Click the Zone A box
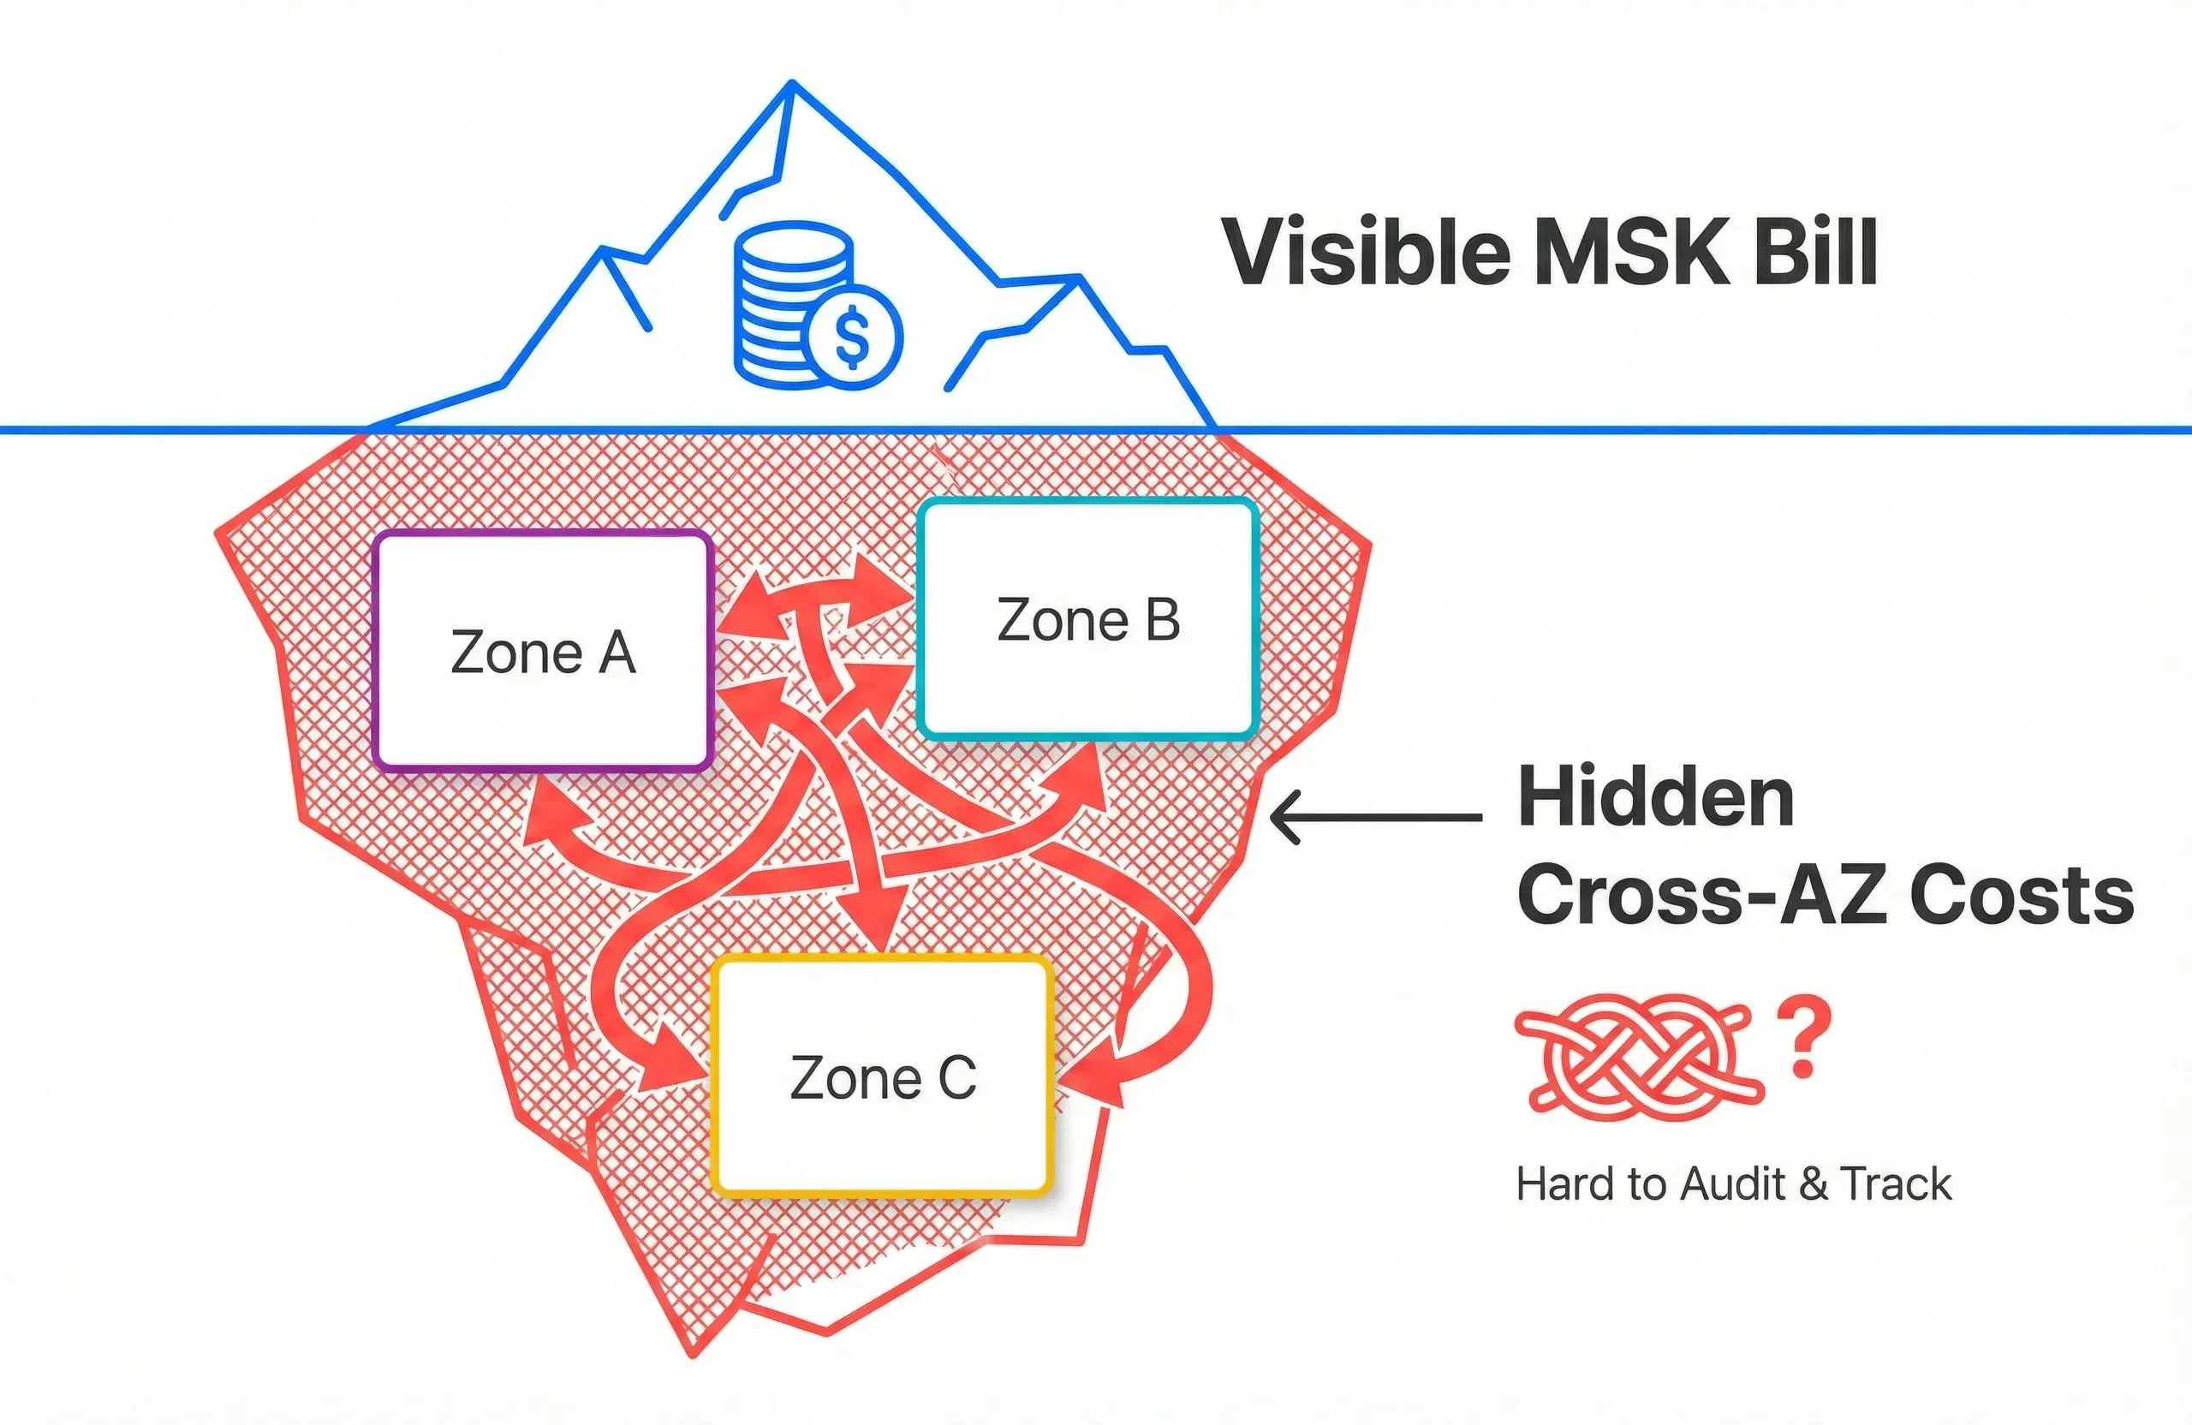click(544, 651)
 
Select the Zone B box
click(1087, 619)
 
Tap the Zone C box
click(882, 1076)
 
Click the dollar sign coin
click(852, 337)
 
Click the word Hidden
click(1655, 797)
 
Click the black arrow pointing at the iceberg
click(1376, 817)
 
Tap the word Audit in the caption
click(1732, 1184)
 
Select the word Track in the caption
click(1897, 1184)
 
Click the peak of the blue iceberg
click(791, 84)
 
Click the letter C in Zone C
click(957, 1076)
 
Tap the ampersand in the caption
click(1814, 1184)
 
